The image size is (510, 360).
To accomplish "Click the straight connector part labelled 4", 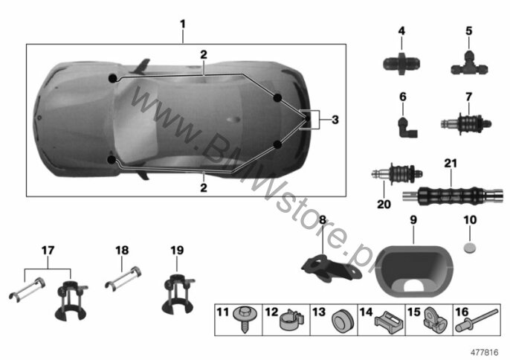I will [x=401, y=62].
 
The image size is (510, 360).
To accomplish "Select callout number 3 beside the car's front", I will [x=335, y=119].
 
